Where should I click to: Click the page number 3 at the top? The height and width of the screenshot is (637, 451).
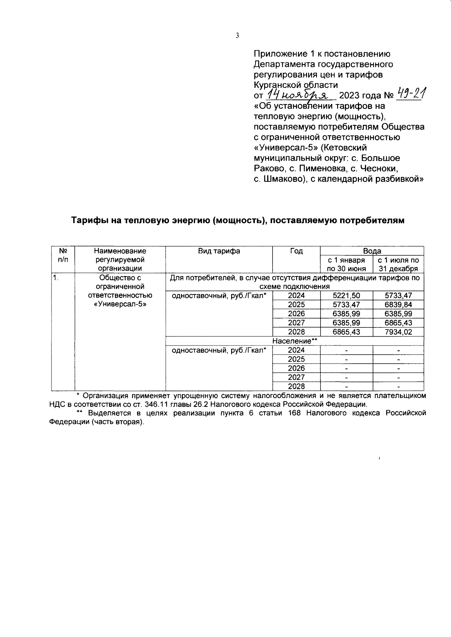pyautogui.click(x=237, y=36)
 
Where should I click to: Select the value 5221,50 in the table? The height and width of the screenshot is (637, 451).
pyautogui.click(x=347, y=296)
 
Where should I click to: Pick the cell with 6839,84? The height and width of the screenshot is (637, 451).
pyautogui.click(x=398, y=305)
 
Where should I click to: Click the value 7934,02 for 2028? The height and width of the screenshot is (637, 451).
pyautogui.click(x=398, y=332)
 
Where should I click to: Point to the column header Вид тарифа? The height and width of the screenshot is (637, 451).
pyautogui.click(x=219, y=251)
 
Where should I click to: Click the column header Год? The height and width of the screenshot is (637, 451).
pyautogui.click(x=296, y=251)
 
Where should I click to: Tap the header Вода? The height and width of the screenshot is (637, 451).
pyautogui.click(x=372, y=251)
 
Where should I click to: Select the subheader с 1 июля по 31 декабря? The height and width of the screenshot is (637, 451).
pyautogui.click(x=398, y=264)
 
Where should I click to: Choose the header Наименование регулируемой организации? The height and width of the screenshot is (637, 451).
pyautogui.click(x=120, y=260)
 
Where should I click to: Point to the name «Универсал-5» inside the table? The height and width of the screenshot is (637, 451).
pyautogui.click(x=120, y=305)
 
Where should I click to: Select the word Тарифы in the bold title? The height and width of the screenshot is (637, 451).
pyautogui.click(x=87, y=220)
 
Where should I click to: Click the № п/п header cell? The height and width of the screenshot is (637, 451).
pyautogui.click(x=63, y=255)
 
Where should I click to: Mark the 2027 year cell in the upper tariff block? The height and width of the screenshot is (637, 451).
pyautogui.click(x=296, y=323)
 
